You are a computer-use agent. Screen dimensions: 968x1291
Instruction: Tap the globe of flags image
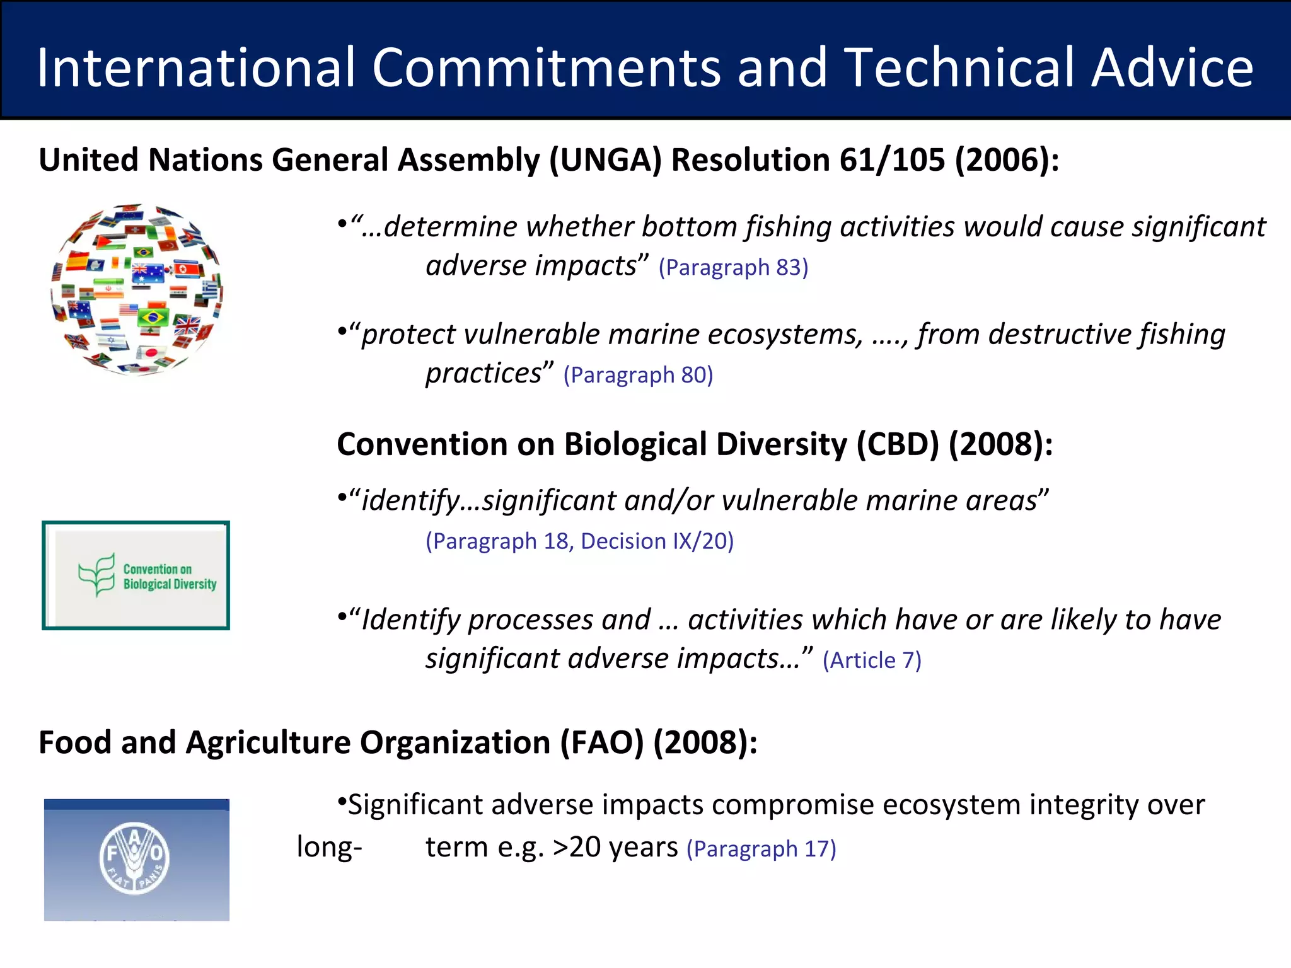136,290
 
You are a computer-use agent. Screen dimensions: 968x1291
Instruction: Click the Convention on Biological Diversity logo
136,575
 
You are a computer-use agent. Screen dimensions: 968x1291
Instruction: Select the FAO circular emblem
134,858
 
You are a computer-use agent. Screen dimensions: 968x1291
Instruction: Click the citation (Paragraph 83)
733,267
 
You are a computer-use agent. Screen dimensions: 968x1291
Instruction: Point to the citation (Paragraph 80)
638,375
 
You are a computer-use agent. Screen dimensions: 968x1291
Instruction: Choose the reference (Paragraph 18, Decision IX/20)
579,541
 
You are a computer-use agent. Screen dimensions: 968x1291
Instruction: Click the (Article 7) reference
872,660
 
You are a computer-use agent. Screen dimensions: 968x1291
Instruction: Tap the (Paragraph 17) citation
761,849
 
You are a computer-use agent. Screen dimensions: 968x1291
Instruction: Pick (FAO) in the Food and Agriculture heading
602,742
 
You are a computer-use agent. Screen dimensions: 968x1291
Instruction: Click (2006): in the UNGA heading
1007,159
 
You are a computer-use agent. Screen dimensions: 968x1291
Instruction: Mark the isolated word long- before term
329,847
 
